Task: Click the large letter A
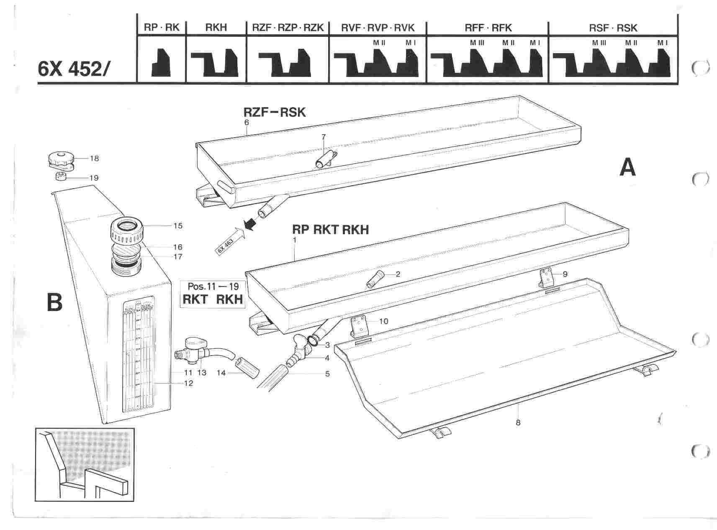pos(627,168)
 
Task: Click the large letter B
pos(54,302)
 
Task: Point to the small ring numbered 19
pos(61,177)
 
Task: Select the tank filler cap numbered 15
pos(127,230)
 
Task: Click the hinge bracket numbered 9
pos(546,277)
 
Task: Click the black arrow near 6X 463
pos(250,225)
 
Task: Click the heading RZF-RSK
pos(275,112)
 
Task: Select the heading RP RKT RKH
pos(330,230)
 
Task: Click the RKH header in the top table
pos(216,28)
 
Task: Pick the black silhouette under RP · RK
pos(161,62)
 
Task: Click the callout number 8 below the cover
pos(518,422)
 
